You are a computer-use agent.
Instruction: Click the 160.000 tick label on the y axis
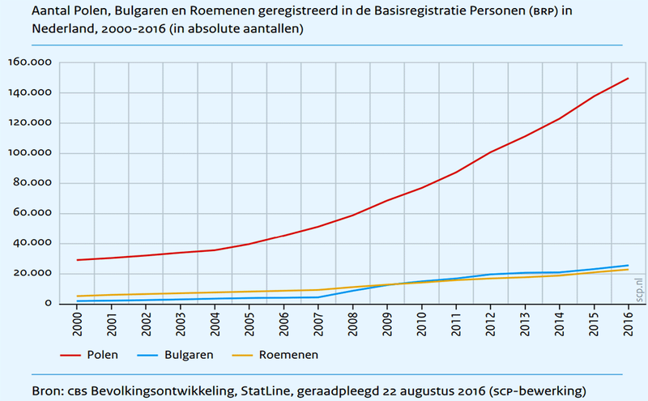(x=29, y=62)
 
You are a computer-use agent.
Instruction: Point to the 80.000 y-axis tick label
(x=32, y=183)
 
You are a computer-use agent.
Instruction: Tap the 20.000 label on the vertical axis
(x=32, y=274)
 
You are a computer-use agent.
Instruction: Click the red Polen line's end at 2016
(x=629, y=79)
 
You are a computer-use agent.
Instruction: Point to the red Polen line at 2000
(x=78, y=260)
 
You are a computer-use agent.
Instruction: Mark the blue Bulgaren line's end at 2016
(x=629, y=265)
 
